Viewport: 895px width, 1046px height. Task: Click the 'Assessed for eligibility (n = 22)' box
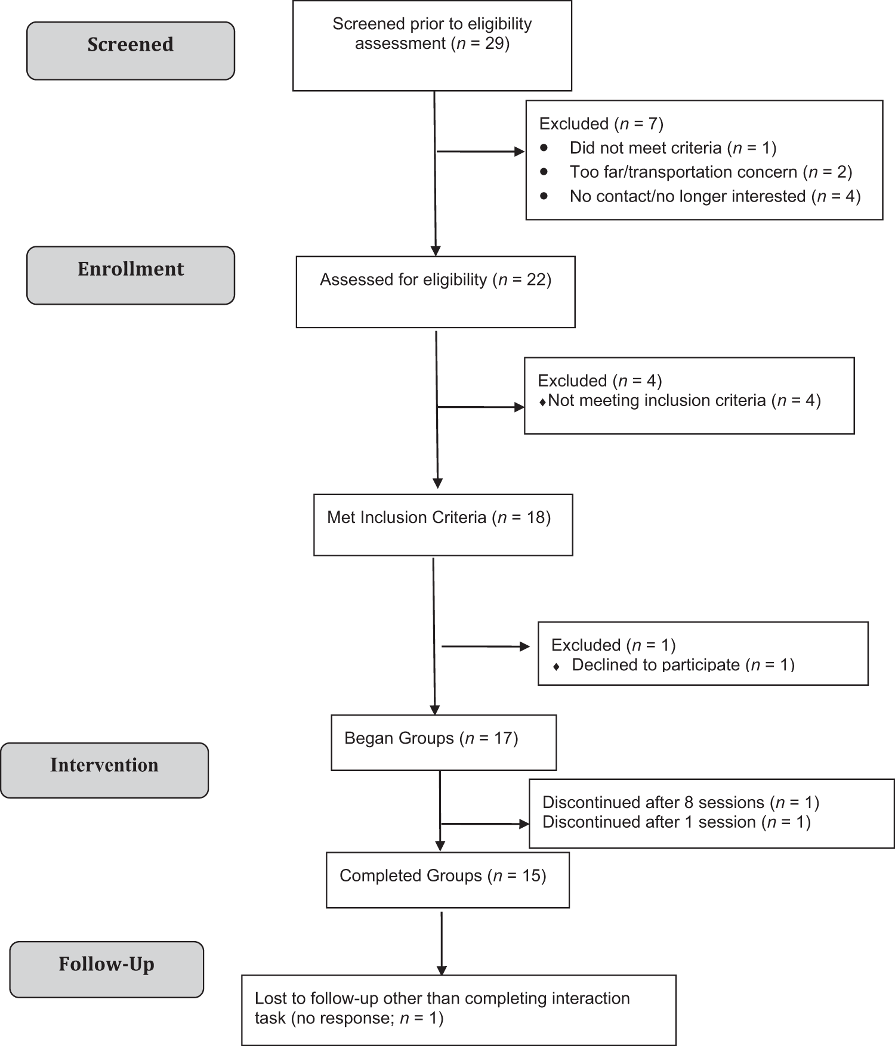pos(436,292)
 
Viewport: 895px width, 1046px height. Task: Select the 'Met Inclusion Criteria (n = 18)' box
pos(443,525)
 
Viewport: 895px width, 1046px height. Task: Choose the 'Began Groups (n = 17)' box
pos(444,742)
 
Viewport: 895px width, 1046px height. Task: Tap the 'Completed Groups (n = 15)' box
pos(447,880)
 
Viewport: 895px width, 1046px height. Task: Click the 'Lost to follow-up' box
pos(459,1010)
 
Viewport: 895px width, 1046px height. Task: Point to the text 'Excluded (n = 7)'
pos(601,123)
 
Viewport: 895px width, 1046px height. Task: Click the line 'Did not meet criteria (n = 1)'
pos(673,148)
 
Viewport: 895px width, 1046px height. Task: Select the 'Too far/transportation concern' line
pos(711,172)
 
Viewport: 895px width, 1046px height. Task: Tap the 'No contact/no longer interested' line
pos(715,196)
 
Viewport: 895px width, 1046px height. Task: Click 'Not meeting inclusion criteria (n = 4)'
pos(684,401)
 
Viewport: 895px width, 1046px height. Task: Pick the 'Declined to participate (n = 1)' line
pos(683,665)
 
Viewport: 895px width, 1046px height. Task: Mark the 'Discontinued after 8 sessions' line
pos(681,802)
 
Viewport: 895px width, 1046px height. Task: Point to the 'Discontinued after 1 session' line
pos(677,822)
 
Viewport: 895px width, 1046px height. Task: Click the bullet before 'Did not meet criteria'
pos(544,147)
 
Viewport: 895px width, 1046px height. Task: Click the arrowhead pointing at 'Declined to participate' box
pos(525,646)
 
